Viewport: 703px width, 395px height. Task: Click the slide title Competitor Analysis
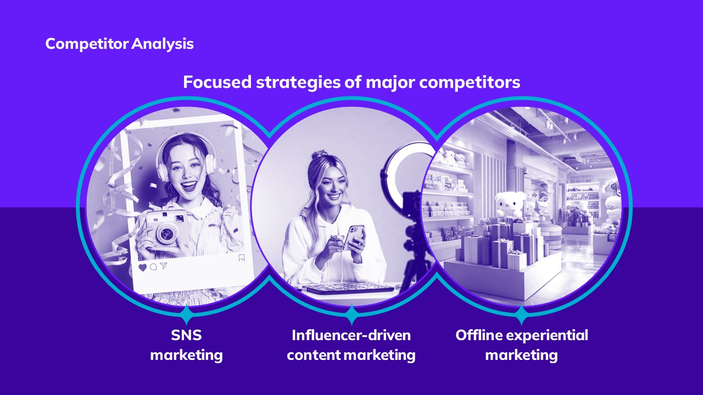point(120,44)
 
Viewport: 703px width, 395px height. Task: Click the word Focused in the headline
point(217,82)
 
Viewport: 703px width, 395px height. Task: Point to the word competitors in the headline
point(470,83)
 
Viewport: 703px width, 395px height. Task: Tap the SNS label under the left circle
point(186,335)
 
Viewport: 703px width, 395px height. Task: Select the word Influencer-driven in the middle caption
point(351,335)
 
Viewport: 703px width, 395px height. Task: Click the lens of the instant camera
point(166,233)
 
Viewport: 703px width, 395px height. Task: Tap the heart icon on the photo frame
point(143,268)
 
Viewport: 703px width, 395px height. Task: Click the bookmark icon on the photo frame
point(241,258)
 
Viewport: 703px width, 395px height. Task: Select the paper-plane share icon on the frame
point(164,266)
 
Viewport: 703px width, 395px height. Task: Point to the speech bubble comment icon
point(153,267)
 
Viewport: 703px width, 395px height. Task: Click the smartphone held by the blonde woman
point(354,237)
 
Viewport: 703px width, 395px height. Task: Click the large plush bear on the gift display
point(510,205)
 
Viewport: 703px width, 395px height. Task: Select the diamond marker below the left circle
point(186,314)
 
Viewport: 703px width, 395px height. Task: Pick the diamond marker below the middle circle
point(351,314)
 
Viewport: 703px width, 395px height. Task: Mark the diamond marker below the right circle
point(521,314)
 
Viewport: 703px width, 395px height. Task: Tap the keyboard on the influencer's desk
point(350,288)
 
